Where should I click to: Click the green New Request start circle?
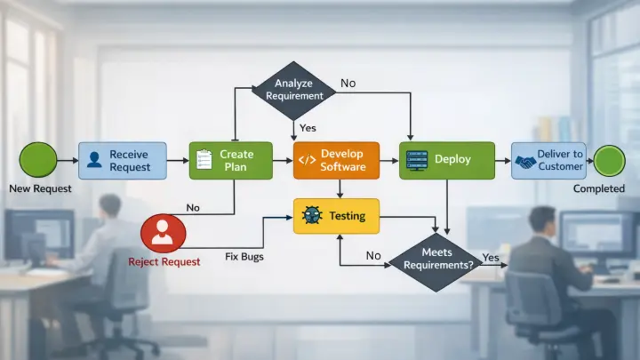pyautogui.click(x=37, y=161)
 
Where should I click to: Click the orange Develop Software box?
pyautogui.click(x=336, y=160)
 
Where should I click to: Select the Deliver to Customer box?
pyautogui.click(x=548, y=161)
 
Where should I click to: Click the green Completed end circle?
pyautogui.click(x=611, y=161)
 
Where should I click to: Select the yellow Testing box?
pyautogui.click(x=336, y=216)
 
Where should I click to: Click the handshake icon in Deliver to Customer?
pyautogui.click(x=525, y=161)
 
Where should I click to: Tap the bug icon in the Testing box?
pyautogui.click(x=310, y=216)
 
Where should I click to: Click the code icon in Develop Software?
pyautogui.click(x=307, y=161)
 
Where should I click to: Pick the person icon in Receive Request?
pyautogui.click(x=95, y=161)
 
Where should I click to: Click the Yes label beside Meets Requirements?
pyautogui.click(x=491, y=257)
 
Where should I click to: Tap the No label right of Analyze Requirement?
pyautogui.click(x=348, y=83)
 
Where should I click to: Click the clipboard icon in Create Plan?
pyautogui.click(x=204, y=160)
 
